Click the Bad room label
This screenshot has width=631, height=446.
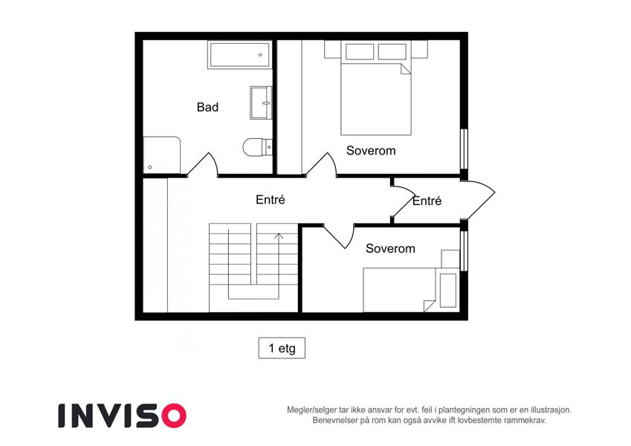[207, 107]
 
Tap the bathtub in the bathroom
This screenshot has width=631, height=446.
[240, 55]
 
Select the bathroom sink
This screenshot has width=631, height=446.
[261, 103]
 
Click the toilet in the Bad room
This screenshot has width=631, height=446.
[258, 147]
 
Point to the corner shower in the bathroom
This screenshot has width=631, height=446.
[162, 155]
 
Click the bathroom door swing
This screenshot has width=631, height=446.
[202, 164]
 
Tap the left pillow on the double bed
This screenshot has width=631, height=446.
[360, 52]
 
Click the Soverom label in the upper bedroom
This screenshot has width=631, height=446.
[371, 151]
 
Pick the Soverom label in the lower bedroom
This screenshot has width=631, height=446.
[390, 248]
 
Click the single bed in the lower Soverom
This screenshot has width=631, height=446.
[411, 290]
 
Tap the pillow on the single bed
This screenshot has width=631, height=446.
[448, 290]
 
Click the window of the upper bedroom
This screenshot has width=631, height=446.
[464, 149]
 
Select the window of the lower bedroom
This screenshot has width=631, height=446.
[464, 251]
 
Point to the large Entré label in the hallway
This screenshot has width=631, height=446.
[271, 200]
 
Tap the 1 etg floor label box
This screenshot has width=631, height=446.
[282, 348]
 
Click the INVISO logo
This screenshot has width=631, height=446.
[123, 416]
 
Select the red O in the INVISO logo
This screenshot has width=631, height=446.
[174, 416]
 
